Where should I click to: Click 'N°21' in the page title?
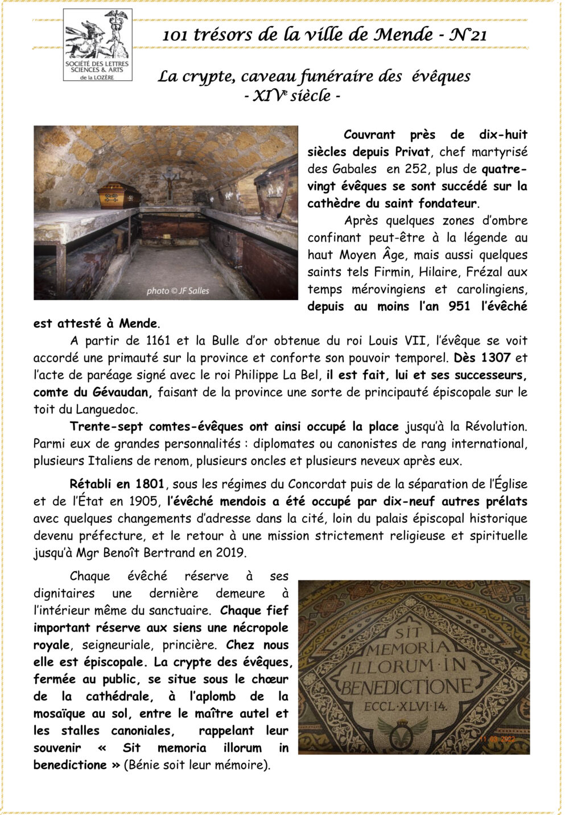[468, 35]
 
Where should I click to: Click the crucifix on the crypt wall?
[169, 183]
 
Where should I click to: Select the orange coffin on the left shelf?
[118, 195]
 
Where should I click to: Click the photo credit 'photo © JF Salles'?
[178, 291]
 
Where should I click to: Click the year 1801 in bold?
[150, 484]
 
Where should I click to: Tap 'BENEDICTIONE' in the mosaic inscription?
[406, 687]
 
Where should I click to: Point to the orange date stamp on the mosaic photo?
[497, 739]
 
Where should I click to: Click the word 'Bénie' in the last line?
[143, 765]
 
